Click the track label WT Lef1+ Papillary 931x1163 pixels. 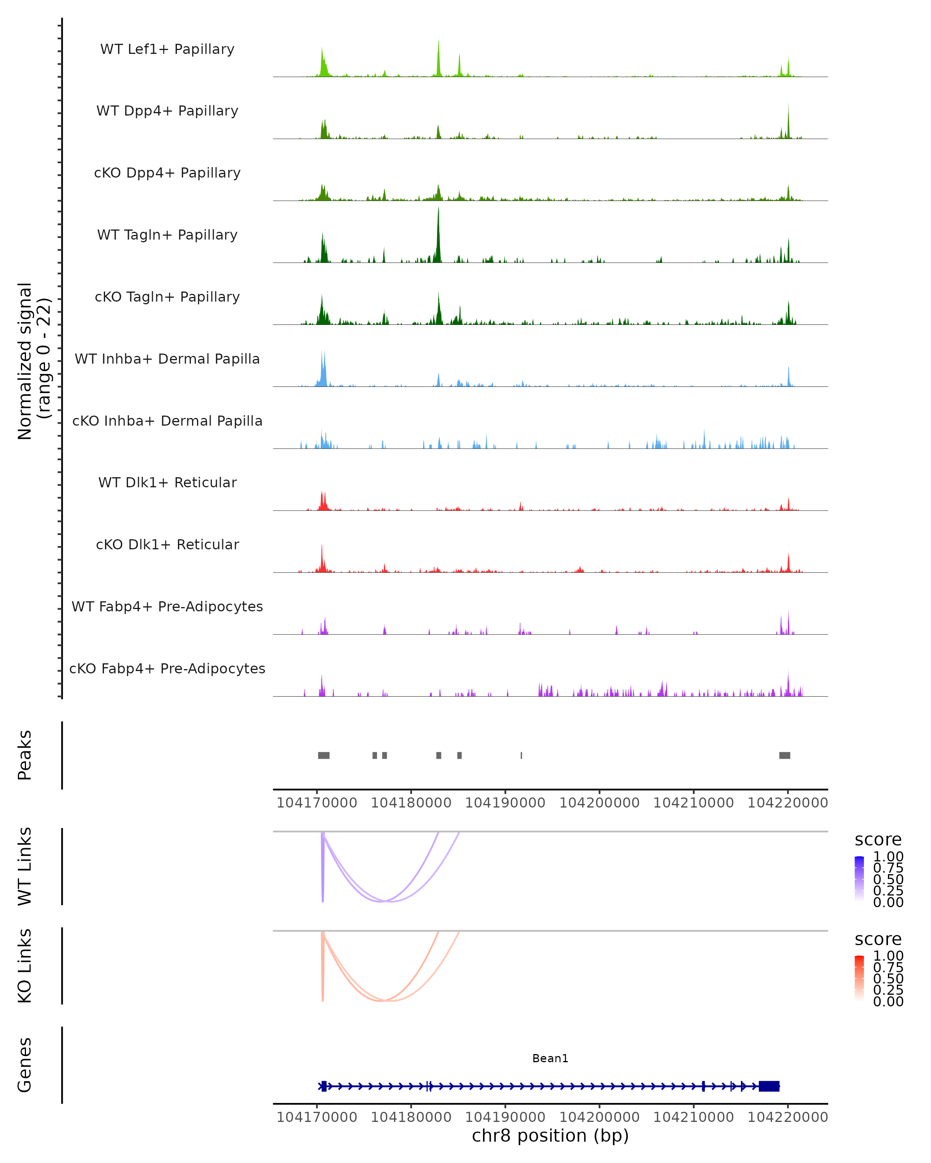[167, 49]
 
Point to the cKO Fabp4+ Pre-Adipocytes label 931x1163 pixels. [167, 668]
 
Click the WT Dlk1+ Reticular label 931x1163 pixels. [167, 482]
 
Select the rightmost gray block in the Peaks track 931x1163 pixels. [784, 755]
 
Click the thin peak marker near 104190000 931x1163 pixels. [521, 755]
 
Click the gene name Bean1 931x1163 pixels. [550, 1058]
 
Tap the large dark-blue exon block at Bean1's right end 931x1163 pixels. [768, 1086]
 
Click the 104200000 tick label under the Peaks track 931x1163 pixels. [599, 803]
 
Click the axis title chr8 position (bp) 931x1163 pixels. [550, 1135]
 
